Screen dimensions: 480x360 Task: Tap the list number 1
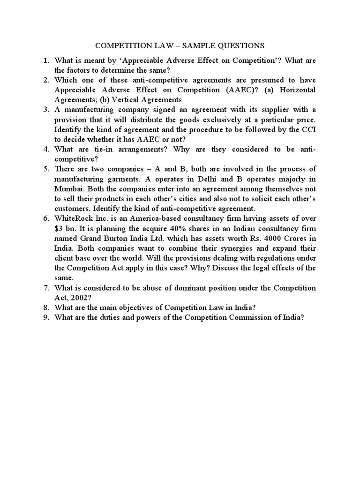point(45,60)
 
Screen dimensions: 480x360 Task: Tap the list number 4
point(45,149)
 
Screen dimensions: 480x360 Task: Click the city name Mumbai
point(69,188)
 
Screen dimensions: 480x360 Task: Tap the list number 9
point(45,317)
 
